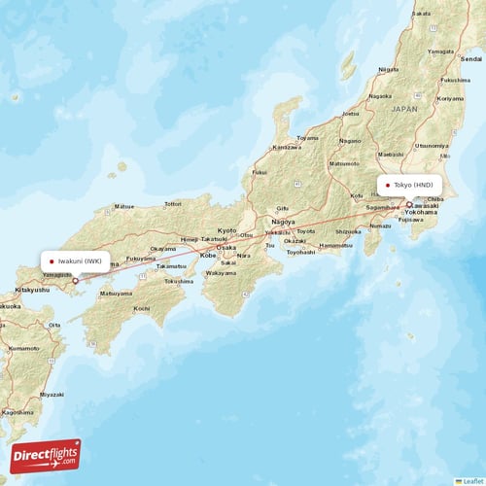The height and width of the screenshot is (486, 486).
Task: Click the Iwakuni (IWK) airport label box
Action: tap(79, 261)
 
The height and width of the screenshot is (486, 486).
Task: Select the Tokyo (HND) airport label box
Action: tap(412, 185)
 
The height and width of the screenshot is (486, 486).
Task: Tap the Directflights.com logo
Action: tap(46, 455)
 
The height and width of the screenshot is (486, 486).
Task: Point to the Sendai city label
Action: tap(470, 58)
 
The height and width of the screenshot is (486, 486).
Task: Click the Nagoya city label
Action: tap(284, 221)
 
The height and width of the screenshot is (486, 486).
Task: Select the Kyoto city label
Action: tap(226, 230)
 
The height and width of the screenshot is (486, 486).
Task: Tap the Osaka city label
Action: tap(226, 247)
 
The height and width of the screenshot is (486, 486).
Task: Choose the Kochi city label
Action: tap(142, 308)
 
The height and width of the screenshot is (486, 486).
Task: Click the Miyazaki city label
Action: tap(52, 394)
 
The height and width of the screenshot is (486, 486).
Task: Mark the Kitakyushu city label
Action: tap(32, 290)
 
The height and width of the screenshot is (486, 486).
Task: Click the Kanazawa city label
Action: tap(286, 148)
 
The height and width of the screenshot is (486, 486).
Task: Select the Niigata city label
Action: tap(388, 70)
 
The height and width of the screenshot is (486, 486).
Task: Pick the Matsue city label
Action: tap(123, 206)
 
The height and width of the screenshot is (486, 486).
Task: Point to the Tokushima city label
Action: tap(178, 281)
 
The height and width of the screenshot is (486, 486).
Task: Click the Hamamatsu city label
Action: tap(335, 245)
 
